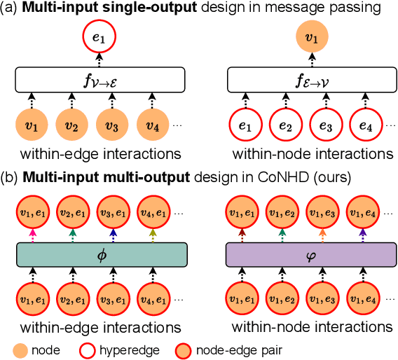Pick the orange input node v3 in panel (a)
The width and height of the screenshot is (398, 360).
[x=111, y=126]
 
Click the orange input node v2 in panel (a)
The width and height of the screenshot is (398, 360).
[x=70, y=126]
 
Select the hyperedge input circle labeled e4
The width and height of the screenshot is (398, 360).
[x=365, y=126]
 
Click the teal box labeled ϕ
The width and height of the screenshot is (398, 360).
[x=100, y=254]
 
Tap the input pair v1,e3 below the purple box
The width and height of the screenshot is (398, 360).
[x=324, y=299]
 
